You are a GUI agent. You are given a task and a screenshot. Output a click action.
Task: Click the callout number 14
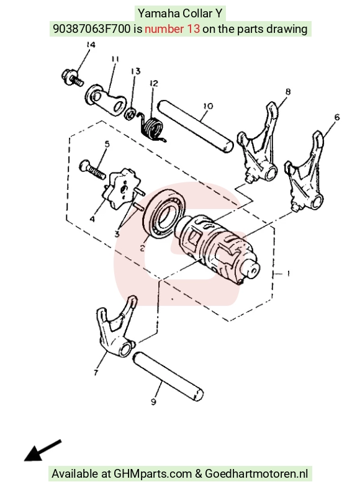91,45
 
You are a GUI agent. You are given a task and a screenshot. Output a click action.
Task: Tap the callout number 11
115,59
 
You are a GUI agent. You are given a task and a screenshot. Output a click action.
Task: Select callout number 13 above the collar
136,71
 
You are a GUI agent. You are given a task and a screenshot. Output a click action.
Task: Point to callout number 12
153,83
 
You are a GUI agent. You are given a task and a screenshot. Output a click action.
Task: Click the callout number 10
208,106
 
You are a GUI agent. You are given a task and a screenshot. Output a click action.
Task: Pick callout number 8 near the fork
288,92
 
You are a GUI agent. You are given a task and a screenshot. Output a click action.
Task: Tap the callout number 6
337,117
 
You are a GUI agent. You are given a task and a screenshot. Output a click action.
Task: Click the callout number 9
153,401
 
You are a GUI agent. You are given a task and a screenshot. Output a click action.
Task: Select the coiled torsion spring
151,127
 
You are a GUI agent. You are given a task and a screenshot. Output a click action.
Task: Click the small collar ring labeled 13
130,114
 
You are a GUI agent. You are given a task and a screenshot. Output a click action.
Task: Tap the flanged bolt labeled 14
73,78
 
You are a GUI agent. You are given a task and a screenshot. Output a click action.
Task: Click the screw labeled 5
92,169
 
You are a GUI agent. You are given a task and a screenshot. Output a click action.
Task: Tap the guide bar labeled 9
168,377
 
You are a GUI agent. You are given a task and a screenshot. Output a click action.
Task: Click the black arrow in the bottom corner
43,450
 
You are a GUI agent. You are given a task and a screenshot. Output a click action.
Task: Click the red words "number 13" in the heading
172,29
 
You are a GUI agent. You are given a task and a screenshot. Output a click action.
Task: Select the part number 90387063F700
92,29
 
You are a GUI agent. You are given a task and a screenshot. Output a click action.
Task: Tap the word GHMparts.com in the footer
153,473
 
